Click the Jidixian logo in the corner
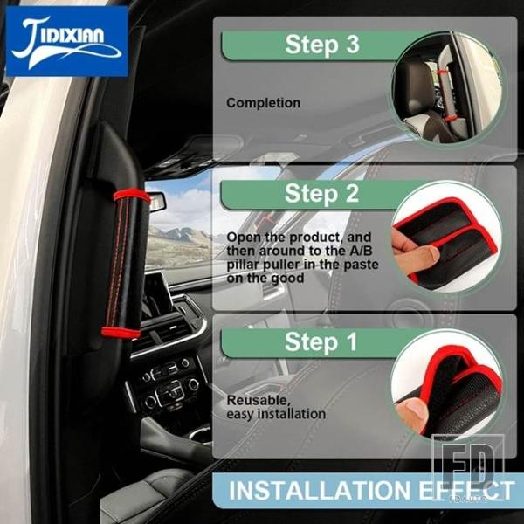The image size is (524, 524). click(x=67, y=41)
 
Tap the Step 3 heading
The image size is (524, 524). click(x=322, y=45)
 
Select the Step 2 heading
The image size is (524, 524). click(x=321, y=194)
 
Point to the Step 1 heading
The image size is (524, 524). click(x=321, y=341)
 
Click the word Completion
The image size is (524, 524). click(x=264, y=103)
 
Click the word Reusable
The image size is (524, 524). click(x=259, y=400)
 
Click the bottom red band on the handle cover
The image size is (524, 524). click(x=121, y=333)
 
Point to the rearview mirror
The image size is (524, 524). click(x=156, y=202)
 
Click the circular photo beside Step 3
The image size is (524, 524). click(x=447, y=88)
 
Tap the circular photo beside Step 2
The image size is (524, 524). click(x=447, y=237)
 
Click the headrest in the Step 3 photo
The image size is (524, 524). click(x=414, y=87)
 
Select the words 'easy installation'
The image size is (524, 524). click(x=276, y=414)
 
